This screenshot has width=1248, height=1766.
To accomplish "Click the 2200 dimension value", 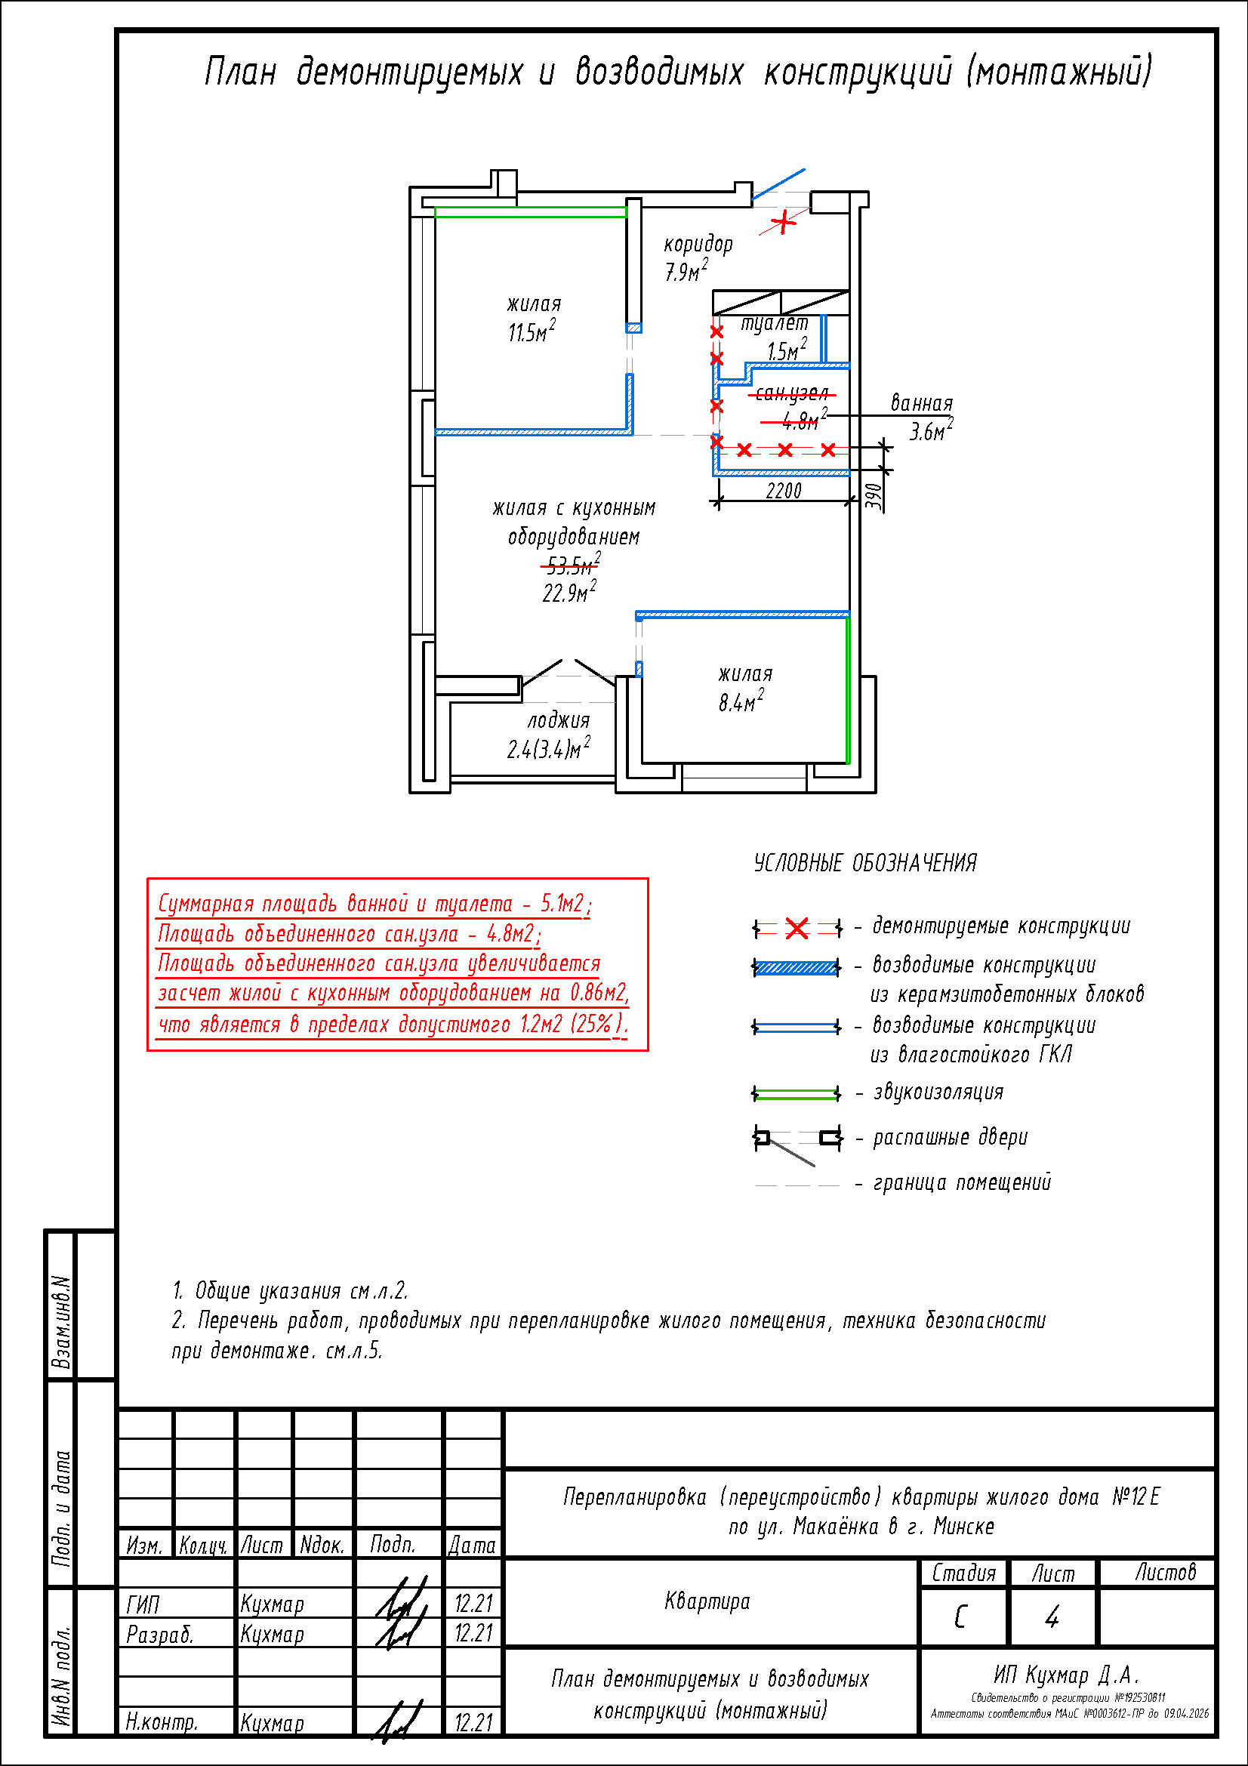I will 784,491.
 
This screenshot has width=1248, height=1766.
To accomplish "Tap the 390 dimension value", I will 873,497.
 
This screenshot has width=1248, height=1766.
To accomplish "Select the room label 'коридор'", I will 698,245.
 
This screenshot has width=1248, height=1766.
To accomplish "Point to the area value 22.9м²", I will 570,593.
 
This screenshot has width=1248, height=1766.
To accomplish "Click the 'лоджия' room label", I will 559,721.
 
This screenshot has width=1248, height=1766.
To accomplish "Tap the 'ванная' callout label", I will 921,404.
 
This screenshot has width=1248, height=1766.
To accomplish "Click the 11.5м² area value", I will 532,332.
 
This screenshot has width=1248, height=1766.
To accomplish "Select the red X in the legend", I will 797,929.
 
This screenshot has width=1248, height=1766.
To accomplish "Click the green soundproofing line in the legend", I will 797,1093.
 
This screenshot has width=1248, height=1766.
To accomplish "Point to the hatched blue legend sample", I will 797,968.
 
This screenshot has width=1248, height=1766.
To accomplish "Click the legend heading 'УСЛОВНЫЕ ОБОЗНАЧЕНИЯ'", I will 865,863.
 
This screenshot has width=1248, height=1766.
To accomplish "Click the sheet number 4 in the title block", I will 1052,1617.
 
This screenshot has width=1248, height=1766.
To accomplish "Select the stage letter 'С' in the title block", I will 960,1617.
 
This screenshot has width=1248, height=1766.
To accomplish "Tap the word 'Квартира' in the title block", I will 707,1601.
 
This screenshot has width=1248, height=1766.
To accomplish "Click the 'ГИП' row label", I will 143,1604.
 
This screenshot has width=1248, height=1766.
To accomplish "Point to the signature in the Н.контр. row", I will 399,1722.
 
